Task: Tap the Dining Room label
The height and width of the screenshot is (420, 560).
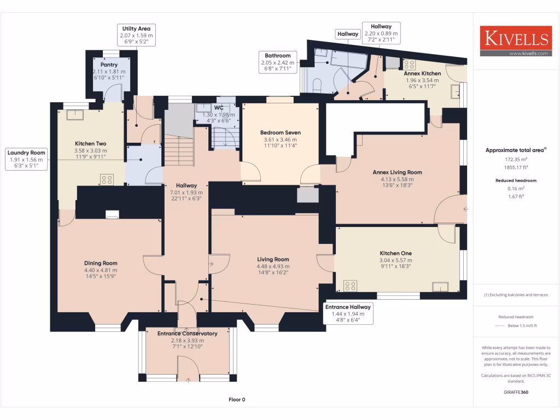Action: (x=101, y=263)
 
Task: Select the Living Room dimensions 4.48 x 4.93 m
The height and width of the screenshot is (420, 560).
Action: (x=273, y=267)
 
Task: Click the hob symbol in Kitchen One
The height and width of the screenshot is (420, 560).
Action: (x=350, y=285)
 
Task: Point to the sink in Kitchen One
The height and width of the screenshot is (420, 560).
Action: (x=440, y=287)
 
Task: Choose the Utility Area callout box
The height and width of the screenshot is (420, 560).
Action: (x=136, y=35)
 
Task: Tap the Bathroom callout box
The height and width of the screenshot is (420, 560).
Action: (x=278, y=62)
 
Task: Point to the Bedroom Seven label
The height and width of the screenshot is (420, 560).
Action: (x=280, y=132)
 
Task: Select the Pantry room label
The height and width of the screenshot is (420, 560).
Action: (x=109, y=65)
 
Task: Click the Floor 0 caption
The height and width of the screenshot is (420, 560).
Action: (x=236, y=400)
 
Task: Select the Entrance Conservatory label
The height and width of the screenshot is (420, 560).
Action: (x=187, y=333)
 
